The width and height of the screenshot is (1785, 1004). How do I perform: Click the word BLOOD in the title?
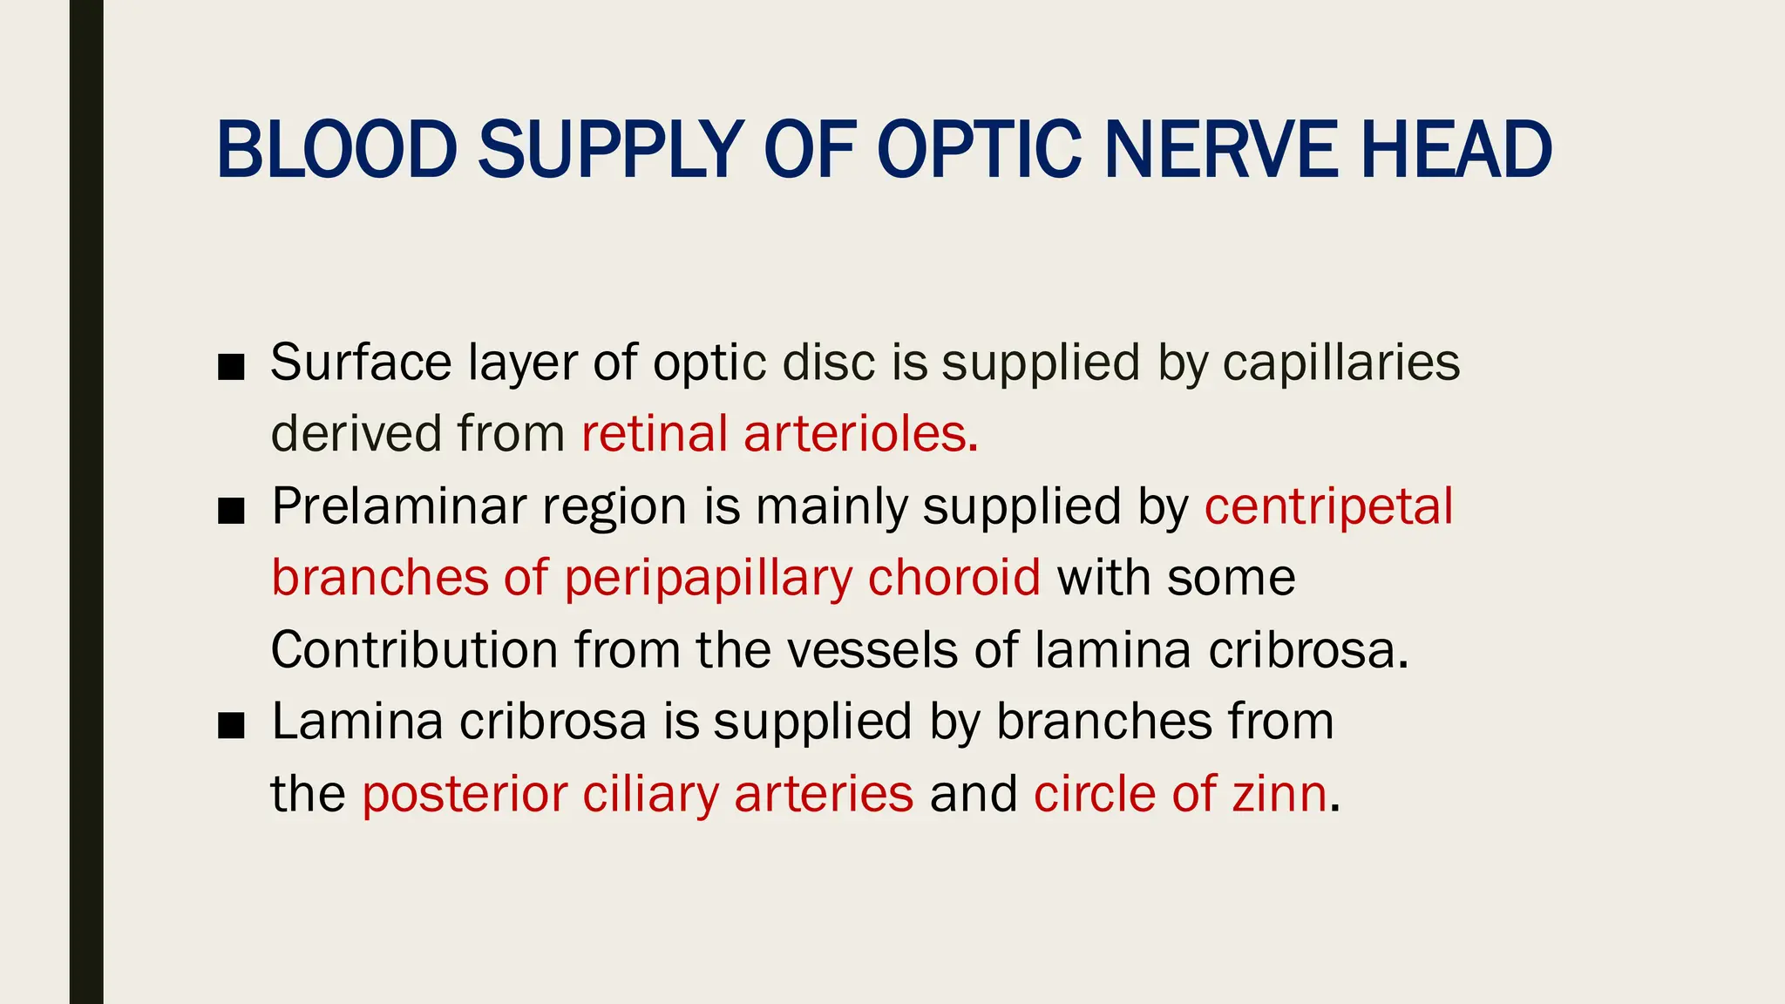(x=336, y=150)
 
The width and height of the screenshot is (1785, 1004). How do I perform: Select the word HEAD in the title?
(x=1456, y=150)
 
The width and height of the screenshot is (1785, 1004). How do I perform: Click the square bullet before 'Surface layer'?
(x=231, y=368)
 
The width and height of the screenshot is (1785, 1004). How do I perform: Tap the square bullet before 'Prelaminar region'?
(x=231, y=512)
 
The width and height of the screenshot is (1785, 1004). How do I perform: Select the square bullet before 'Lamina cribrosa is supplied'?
(x=231, y=727)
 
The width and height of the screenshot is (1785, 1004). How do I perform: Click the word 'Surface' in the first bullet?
(x=361, y=362)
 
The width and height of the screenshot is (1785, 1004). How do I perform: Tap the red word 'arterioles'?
(x=859, y=433)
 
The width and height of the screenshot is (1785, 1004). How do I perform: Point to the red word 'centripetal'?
(x=1329, y=505)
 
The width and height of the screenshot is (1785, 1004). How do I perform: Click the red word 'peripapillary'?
(x=708, y=578)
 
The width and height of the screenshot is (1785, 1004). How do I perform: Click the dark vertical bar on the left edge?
(x=86, y=502)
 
